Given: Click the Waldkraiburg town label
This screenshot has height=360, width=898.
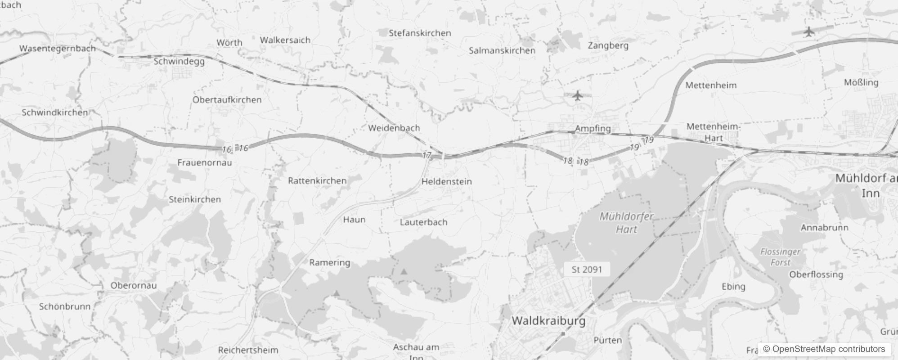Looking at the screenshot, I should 548,321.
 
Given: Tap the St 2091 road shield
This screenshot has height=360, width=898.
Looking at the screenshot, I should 587,270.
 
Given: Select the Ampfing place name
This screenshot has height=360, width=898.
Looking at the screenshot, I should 593,128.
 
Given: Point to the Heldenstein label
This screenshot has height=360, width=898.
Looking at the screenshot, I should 446,182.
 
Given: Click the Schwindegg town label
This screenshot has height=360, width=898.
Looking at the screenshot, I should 179,61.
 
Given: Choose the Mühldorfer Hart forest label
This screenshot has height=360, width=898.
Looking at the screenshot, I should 627,223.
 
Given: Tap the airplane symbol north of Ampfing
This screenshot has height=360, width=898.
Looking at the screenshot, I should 578,95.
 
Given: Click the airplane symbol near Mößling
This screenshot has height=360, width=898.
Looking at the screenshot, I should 809,32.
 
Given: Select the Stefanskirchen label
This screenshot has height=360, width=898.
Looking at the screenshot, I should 420,33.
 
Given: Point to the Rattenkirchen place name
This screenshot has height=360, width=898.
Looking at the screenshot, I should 317,181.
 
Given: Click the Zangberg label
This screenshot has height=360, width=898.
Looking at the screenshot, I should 608,45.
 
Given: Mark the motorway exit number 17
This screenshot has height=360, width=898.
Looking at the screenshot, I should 427,155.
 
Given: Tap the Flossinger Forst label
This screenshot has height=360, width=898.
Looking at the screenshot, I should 780,257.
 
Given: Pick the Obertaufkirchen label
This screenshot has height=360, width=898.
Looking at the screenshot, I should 227,100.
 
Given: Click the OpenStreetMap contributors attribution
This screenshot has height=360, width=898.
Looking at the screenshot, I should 824,349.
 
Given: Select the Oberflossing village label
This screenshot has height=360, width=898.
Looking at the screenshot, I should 816,274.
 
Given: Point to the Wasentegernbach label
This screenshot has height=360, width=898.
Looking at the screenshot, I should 57,49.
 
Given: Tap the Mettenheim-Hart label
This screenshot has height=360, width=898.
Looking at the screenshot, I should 713,132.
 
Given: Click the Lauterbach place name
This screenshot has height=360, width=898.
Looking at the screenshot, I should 423,222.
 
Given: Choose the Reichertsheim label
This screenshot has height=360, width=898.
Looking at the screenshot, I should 248,350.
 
